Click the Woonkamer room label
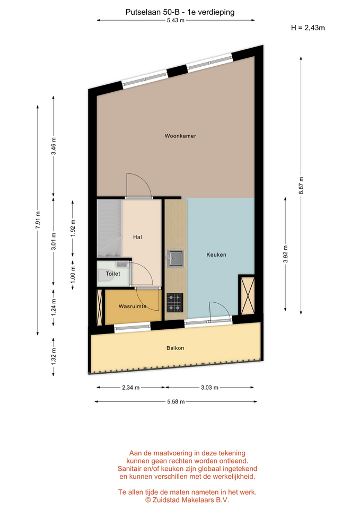tap(180, 136)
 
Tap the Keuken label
tap(216, 255)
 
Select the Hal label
tap(137, 238)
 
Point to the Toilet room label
tap(113, 274)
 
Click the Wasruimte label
tap(133, 306)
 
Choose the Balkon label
tap(175, 348)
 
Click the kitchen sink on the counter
tap(175, 258)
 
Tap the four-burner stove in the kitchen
tap(175, 303)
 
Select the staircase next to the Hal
tap(109, 229)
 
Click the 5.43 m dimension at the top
tap(175, 21)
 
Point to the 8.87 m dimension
tap(301, 186)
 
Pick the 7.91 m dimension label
tap(38, 220)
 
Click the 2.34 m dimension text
tap(131, 387)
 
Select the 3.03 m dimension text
tap(209, 387)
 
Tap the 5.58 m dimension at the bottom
tap(176, 402)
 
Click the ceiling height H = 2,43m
tap(308, 28)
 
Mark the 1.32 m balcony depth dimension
tap(54, 356)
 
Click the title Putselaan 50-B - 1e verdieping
tap(180, 12)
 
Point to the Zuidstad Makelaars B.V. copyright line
tap(187, 500)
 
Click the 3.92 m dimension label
tap(285, 254)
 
